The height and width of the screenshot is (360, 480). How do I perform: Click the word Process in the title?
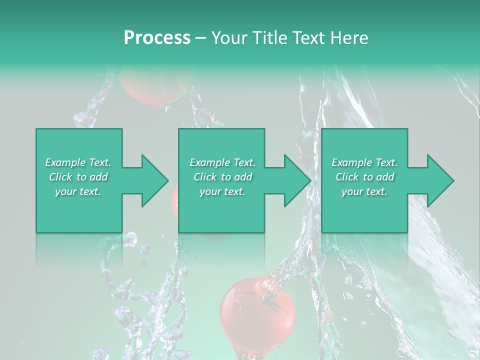point(157,38)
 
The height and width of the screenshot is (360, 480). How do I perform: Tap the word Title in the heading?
point(269,38)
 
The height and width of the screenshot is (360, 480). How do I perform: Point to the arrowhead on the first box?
point(152,180)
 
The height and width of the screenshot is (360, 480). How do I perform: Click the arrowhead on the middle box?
point(295,180)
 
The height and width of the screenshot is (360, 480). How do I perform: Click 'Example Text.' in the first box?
point(78,162)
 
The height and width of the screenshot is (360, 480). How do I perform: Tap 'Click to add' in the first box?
point(78,177)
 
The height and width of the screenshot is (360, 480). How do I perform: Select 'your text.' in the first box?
point(78,191)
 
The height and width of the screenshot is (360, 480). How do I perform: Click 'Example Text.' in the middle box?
point(222,162)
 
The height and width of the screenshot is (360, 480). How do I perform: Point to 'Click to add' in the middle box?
point(222,177)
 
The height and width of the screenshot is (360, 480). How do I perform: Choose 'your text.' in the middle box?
point(222,191)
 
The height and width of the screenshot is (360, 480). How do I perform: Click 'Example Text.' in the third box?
point(364,162)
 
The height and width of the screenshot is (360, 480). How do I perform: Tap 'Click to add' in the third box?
point(364,177)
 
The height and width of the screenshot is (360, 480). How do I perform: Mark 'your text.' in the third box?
point(364,191)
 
